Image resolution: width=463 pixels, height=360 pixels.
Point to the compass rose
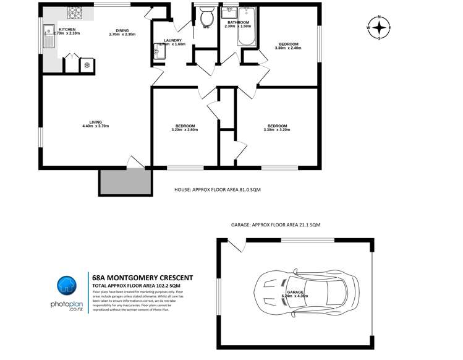(x=379, y=28)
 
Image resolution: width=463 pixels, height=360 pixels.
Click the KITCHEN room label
(x=67, y=30)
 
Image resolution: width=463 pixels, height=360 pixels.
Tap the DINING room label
(x=122, y=30)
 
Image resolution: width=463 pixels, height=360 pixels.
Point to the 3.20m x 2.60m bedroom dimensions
(x=185, y=130)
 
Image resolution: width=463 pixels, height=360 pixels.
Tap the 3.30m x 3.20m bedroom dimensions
(x=275, y=130)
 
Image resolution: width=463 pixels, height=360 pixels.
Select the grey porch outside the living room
(x=125, y=180)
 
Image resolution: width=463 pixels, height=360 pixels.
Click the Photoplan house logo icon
(x=66, y=286)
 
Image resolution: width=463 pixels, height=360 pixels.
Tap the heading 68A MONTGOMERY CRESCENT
(x=142, y=278)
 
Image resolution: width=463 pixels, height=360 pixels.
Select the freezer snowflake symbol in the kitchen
(x=87, y=64)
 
